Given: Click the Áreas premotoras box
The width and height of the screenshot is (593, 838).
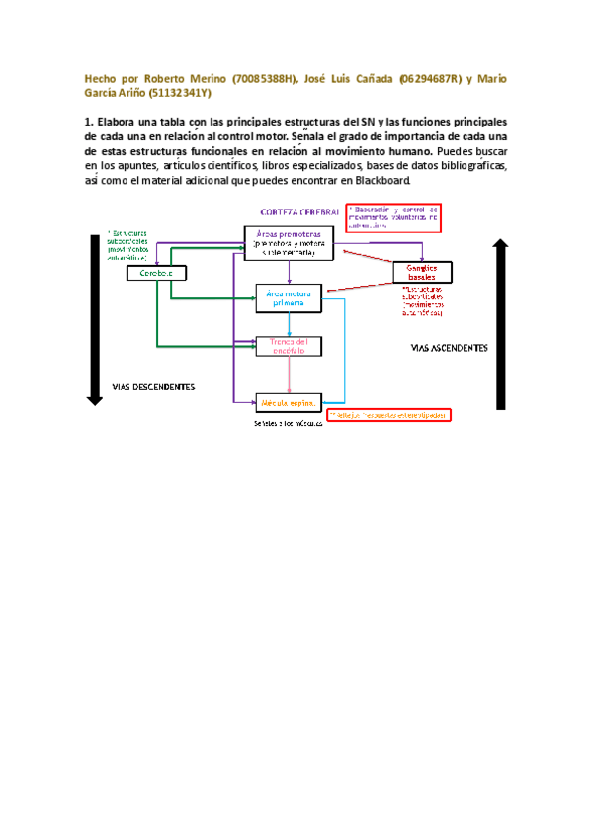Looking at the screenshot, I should tap(289, 241).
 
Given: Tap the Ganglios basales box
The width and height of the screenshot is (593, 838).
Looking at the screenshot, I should tap(422, 272).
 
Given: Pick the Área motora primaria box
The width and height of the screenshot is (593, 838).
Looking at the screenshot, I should tap(289, 298).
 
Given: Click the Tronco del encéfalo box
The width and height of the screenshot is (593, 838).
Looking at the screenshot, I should tap(289, 345).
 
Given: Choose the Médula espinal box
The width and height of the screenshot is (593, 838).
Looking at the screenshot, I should tap(289, 402).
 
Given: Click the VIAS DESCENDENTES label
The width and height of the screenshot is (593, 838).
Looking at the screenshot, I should tap(153, 386).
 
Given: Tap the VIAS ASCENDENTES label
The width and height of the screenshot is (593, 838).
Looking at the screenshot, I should tap(449, 348).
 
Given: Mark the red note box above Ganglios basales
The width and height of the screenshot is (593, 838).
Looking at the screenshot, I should tap(392, 216).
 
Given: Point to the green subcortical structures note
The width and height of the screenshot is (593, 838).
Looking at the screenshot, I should tap(129, 242).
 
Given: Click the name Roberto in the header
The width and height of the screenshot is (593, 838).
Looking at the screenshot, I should tap(168, 77).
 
